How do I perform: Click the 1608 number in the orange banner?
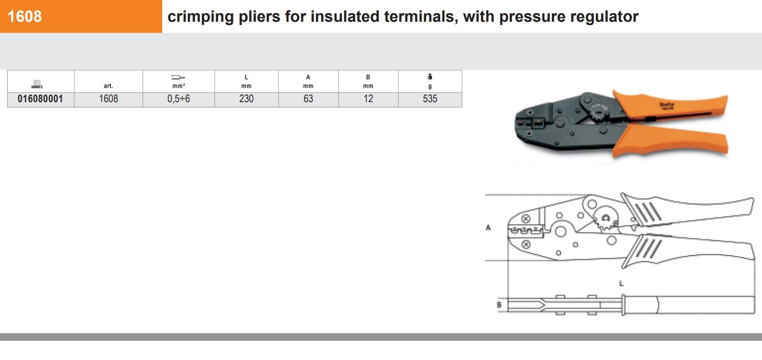click(x=24, y=16)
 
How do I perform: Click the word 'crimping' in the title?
click(x=201, y=17)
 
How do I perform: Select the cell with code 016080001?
click(x=40, y=99)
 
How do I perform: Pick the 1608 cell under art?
click(x=108, y=99)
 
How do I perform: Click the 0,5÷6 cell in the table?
click(x=178, y=99)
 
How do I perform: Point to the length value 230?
click(x=246, y=99)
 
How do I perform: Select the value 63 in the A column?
click(x=308, y=99)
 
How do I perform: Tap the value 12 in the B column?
click(x=368, y=99)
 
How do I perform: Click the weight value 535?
click(x=430, y=99)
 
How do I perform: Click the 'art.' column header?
click(x=108, y=86)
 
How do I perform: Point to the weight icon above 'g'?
click(x=430, y=76)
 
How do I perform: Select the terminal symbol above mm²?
click(x=178, y=77)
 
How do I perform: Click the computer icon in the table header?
click(x=37, y=84)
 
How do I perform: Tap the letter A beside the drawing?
click(x=488, y=228)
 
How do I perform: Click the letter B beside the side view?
click(x=499, y=305)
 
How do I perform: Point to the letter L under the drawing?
click(x=621, y=284)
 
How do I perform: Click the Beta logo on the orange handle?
click(x=667, y=106)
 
